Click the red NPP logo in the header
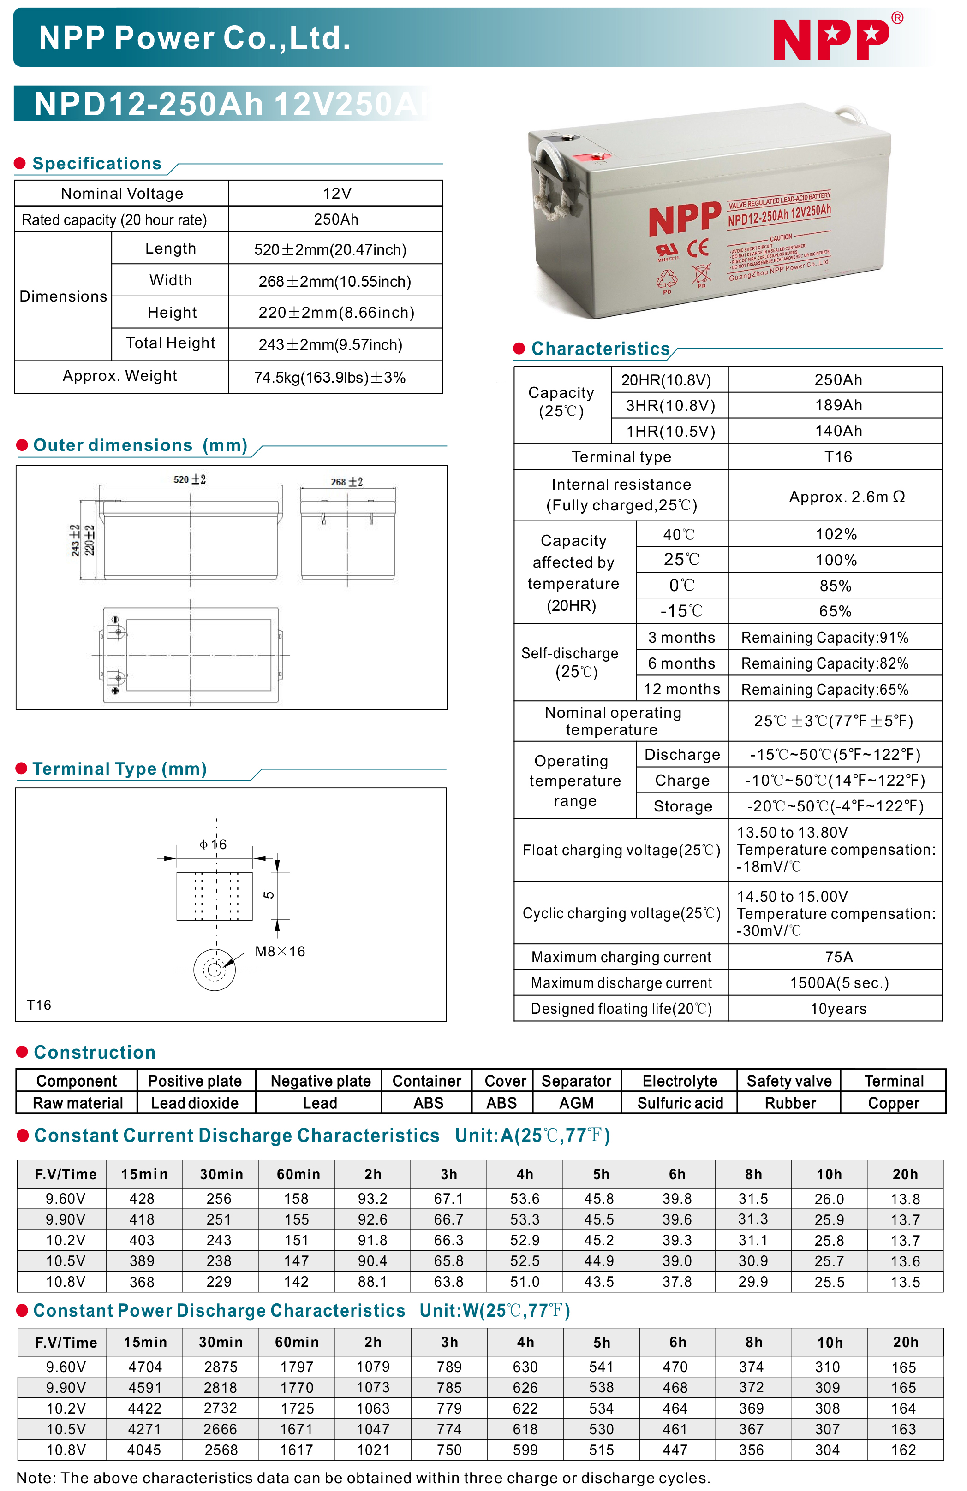tap(830, 39)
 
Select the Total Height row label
tap(170, 343)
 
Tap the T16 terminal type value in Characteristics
tap(837, 457)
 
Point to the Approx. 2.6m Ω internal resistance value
tap(846, 497)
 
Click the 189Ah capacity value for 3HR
tap(838, 405)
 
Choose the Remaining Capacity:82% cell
tap(824, 663)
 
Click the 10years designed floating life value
tap(838, 1009)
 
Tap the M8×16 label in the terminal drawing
tap(280, 951)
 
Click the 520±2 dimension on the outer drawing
tap(189, 479)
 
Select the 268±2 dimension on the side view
tap(346, 482)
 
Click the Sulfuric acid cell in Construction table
tap(680, 1103)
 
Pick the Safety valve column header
tap(788, 1081)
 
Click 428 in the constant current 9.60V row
tap(142, 1198)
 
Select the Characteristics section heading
tap(600, 349)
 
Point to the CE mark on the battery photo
tap(698, 248)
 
